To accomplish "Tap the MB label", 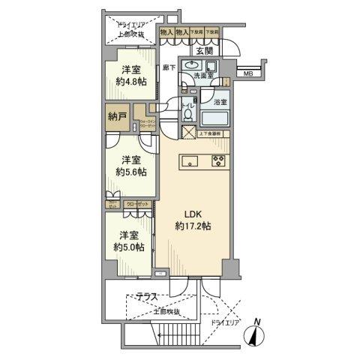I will tap(247, 73).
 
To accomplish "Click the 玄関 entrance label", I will tap(204, 51).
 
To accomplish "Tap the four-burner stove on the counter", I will tap(218, 160).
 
